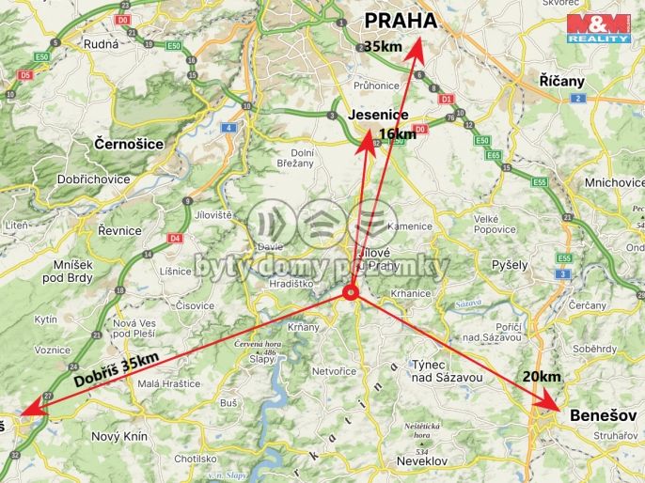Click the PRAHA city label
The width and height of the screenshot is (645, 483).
coord(401,21)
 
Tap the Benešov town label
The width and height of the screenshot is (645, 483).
coord(603,414)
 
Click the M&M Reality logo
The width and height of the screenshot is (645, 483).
coord(599,28)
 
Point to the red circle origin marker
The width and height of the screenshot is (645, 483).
coord(351,292)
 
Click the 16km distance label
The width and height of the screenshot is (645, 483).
coord(397,134)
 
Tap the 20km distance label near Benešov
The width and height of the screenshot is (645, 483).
coord(542,376)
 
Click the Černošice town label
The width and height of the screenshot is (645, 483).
coord(130,144)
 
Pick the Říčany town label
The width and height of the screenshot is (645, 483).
coord(562,81)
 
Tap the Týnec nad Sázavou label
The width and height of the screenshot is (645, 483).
coord(447,370)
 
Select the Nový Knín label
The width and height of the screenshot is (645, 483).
coord(119,436)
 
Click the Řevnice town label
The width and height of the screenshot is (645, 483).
coord(119,230)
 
